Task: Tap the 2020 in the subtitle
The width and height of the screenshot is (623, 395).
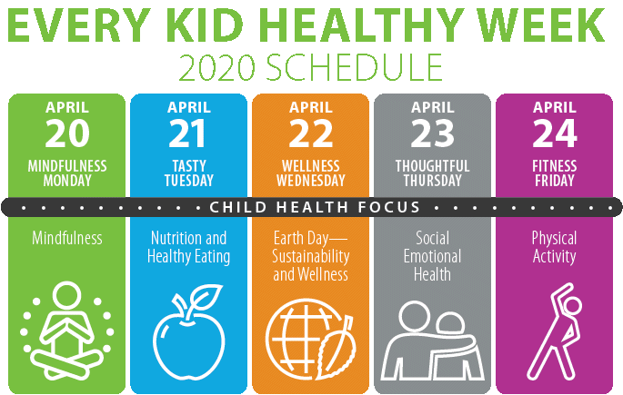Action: tap(216, 68)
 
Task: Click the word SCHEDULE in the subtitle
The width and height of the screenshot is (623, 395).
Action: tap(354, 68)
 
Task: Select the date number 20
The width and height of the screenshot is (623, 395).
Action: tap(67, 133)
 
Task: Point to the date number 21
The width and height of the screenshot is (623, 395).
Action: tap(187, 133)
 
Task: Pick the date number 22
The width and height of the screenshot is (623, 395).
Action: tap(311, 133)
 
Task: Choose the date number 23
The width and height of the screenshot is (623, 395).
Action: tap(432, 133)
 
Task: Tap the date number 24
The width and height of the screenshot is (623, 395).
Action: tap(555, 133)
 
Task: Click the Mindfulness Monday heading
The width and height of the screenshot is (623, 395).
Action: tap(67, 173)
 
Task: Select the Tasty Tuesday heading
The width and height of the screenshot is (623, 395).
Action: tap(189, 173)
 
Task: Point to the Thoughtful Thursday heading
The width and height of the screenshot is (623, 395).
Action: tap(432, 173)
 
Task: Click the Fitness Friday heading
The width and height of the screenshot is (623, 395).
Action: tap(555, 173)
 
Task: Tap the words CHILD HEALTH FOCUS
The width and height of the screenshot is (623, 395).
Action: tap(315, 207)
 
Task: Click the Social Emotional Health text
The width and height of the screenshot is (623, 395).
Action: tap(432, 256)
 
